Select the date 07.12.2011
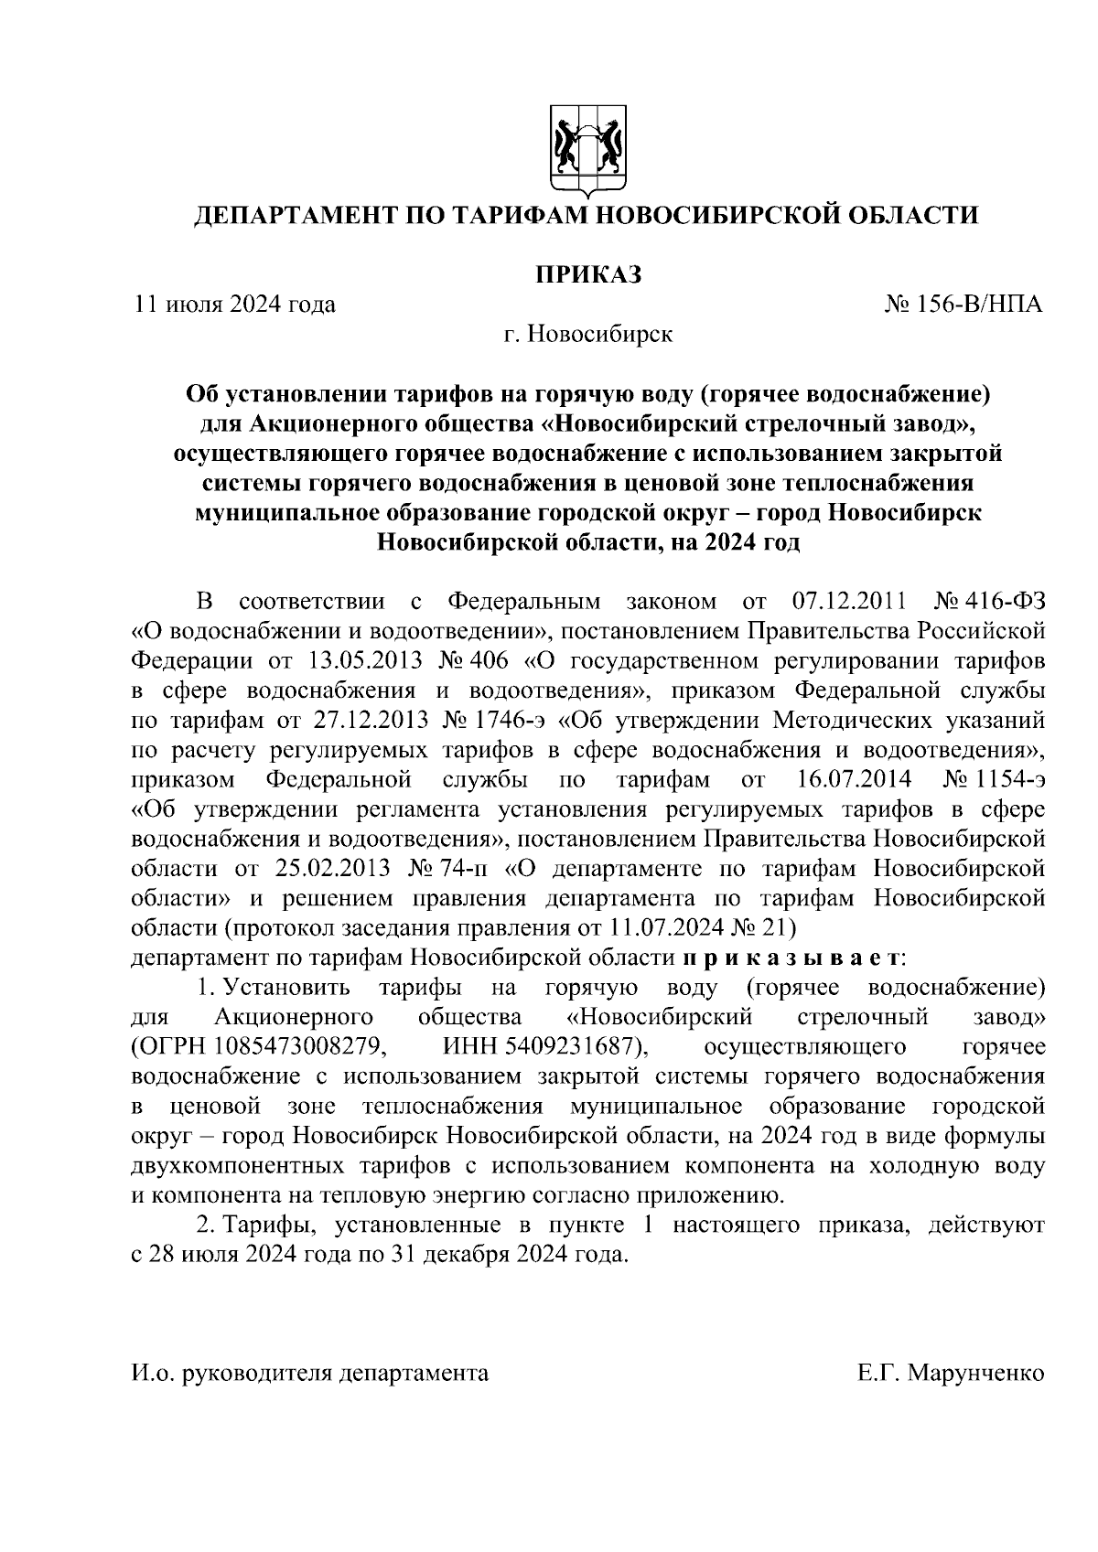[x=847, y=601]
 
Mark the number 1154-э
[x=1010, y=779]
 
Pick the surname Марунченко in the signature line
[x=975, y=1374]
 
